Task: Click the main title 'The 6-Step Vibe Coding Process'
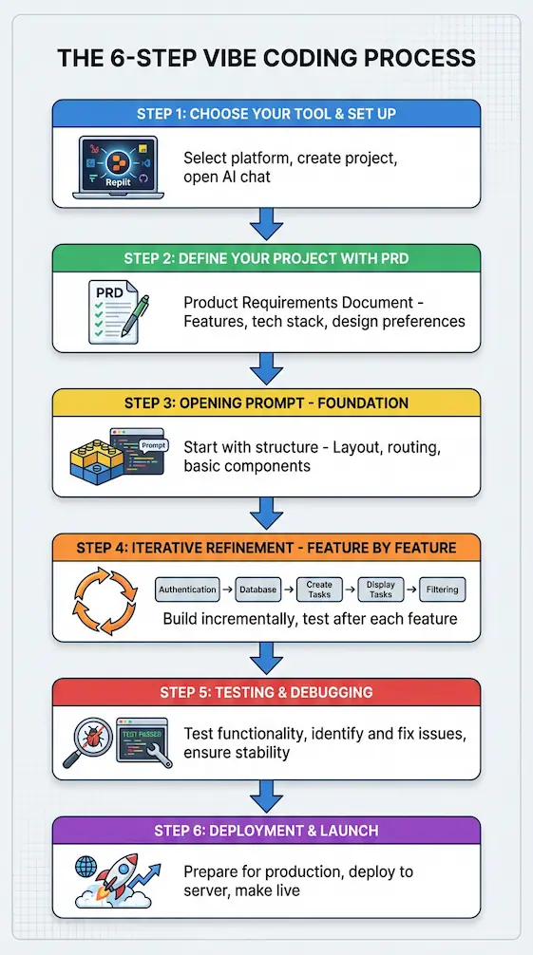click(x=266, y=57)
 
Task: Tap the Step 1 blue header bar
click(x=266, y=114)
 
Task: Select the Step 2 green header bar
click(x=266, y=258)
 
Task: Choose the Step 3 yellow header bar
click(x=266, y=403)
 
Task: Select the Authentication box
click(x=187, y=590)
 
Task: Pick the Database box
click(x=257, y=590)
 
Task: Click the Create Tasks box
click(x=319, y=590)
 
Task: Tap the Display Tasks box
click(x=381, y=590)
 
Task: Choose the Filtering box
click(x=442, y=590)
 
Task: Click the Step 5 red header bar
click(x=266, y=692)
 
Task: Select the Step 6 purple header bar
click(x=266, y=831)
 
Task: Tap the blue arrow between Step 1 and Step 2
click(x=266, y=226)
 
